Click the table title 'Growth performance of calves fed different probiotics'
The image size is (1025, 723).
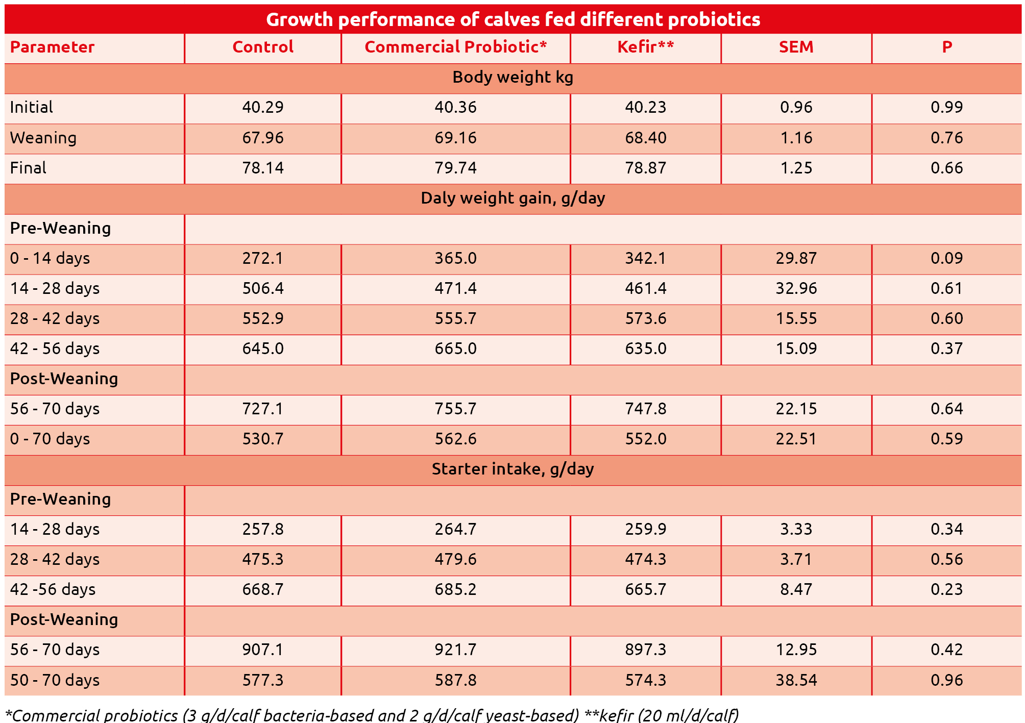click(x=512, y=19)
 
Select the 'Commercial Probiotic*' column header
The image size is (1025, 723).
click(x=455, y=47)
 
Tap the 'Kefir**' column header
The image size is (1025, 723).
click(x=645, y=47)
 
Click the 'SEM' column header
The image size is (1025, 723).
click(x=796, y=47)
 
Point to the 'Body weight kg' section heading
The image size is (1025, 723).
click(x=512, y=77)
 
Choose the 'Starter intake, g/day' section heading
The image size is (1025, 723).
click(x=512, y=469)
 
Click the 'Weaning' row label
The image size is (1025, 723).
click(x=43, y=138)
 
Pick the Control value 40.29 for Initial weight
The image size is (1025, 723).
click(x=262, y=107)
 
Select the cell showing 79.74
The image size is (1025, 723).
click(x=455, y=168)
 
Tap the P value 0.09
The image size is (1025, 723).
click(x=946, y=258)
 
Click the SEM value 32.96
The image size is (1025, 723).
click(x=796, y=288)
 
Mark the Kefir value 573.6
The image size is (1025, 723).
click(x=645, y=318)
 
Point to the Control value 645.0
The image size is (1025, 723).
click(x=262, y=348)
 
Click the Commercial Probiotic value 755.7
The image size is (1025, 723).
click(x=455, y=409)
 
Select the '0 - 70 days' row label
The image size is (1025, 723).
click(x=50, y=439)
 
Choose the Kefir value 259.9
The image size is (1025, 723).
click(x=645, y=529)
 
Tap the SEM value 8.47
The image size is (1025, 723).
click(x=796, y=589)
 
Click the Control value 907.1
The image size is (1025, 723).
click(x=262, y=650)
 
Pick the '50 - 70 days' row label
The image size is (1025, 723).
click(x=55, y=680)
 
